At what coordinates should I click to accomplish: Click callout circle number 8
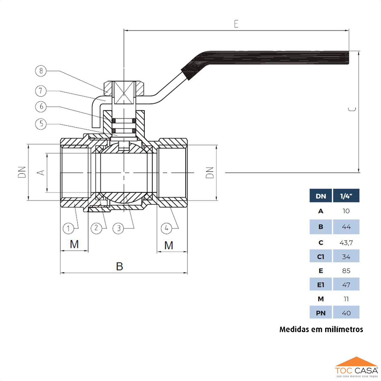41,71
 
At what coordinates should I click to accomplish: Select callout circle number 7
41,91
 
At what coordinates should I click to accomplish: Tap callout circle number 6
41,107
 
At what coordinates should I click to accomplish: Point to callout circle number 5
41,124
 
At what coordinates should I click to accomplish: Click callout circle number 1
68,228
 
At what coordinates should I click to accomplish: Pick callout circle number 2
96,228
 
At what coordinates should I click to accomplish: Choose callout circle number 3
118,228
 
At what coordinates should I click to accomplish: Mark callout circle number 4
166,228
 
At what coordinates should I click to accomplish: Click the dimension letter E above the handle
236,24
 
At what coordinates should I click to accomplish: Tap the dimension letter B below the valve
119,266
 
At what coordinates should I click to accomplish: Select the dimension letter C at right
352,109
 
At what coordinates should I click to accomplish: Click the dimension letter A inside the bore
41,173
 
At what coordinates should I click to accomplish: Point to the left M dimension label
74,244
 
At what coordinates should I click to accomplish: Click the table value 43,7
346,243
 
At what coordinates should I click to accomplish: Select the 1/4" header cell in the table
346,196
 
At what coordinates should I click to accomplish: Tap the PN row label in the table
321,313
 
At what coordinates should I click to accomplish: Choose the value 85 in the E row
346,271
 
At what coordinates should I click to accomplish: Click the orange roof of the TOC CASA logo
357,362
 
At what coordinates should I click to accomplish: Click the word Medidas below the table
294,329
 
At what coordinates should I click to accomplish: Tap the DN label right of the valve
210,173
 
